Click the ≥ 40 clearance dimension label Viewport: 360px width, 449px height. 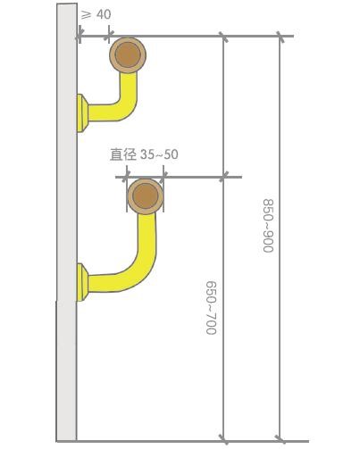point(96,14)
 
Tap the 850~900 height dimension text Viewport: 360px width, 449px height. point(268,226)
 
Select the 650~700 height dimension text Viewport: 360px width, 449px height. point(211,308)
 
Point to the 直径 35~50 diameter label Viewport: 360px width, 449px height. point(144,154)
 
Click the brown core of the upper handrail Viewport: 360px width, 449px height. point(128,54)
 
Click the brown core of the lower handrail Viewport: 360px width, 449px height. point(146,196)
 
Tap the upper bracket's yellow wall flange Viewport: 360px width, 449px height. point(82,113)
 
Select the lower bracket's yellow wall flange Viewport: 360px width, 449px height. point(82,282)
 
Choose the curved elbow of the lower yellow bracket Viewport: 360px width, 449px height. point(142,268)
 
